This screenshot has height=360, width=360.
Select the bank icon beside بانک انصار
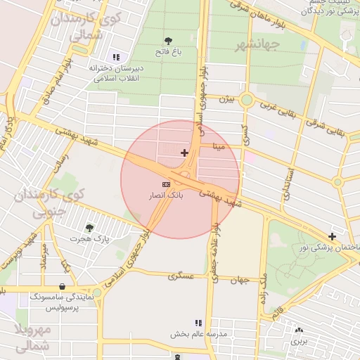[166, 184]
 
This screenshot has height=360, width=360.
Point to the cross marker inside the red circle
[184, 153]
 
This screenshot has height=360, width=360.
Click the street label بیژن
[224, 99]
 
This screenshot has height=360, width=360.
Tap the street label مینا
[219, 148]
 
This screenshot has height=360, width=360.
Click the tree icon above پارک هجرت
[89, 228]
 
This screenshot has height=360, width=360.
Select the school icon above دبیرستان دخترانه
[116, 57]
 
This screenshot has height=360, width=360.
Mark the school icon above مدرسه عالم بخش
[198, 323]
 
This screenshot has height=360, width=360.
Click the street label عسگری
[181, 276]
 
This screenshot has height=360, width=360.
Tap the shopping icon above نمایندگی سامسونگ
[64, 287]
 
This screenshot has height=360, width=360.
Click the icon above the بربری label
[300, 330]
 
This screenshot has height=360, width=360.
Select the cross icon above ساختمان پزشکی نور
[332, 236]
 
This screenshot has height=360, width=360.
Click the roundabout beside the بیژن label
[246, 100]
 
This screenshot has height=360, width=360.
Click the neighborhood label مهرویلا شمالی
[32, 337]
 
